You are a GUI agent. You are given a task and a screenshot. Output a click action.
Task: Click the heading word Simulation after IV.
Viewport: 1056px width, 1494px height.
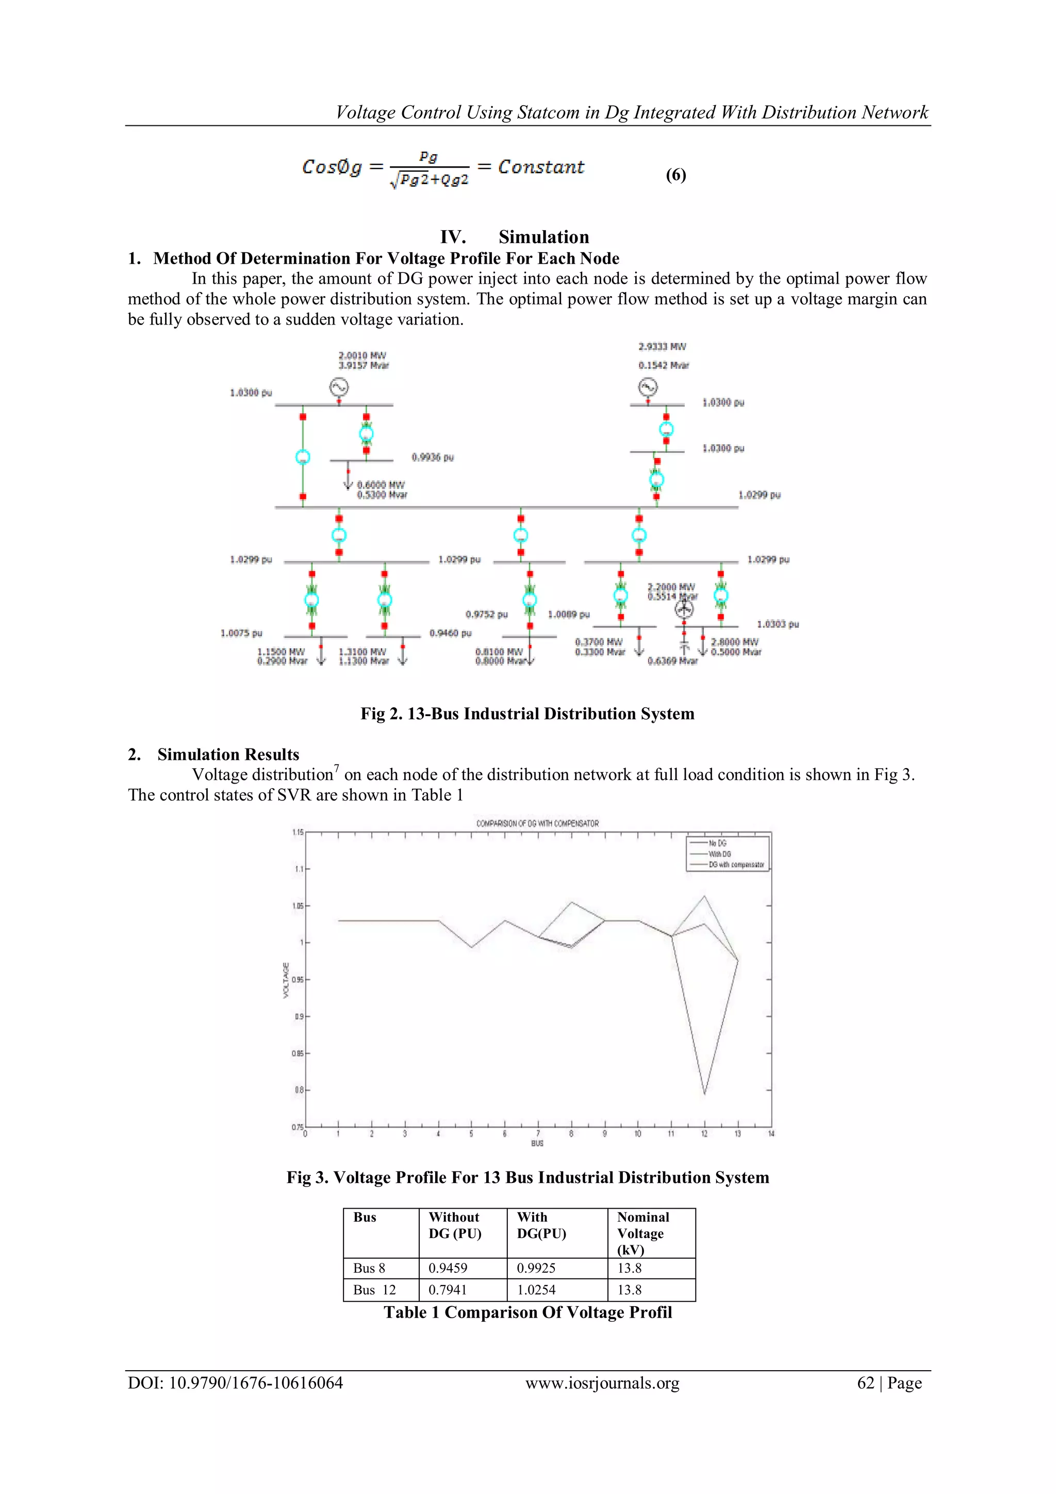pyautogui.click(x=543, y=237)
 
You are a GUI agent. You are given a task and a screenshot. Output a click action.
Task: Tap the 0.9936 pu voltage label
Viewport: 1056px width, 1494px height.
pyautogui.click(x=433, y=458)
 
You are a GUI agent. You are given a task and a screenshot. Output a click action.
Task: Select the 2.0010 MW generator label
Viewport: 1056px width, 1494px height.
pyautogui.click(x=362, y=355)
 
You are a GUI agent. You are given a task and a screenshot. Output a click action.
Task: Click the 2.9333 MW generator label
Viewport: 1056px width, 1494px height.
pyautogui.click(x=662, y=347)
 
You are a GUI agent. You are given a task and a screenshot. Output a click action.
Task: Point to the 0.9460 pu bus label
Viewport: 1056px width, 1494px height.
pyautogui.click(x=451, y=633)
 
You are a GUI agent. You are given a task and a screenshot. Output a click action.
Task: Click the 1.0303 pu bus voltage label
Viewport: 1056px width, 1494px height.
pyautogui.click(x=778, y=624)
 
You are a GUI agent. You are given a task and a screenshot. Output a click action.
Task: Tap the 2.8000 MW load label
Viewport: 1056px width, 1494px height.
pyautogui.click(x=734, y=642)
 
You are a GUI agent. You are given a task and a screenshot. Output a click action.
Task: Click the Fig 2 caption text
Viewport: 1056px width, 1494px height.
pyautogui.click(x=527, y=714)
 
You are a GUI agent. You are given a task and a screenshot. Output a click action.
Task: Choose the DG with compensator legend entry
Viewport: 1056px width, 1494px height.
pyautogui.click(x=735, y=865)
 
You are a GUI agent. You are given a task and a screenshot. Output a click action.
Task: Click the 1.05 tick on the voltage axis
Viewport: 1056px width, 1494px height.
pyautogui.click(x=298, y=906)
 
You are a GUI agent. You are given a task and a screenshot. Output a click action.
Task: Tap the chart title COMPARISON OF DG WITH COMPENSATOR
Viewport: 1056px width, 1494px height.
pyautogui.click(x=537, y=824)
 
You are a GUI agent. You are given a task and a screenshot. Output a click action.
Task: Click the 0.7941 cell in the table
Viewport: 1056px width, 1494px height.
pyautogui.click(x=448, y=1290)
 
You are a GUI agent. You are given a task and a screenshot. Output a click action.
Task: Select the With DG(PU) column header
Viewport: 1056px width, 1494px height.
pyautogui.click(x=541, y=1225)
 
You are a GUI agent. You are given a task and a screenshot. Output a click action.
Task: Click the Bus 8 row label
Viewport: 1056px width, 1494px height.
pyautogui.click(x=369, y=1268)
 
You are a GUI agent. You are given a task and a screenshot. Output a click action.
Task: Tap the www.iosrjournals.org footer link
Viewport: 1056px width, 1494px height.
pyautogui.click(x=602, y=1384)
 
